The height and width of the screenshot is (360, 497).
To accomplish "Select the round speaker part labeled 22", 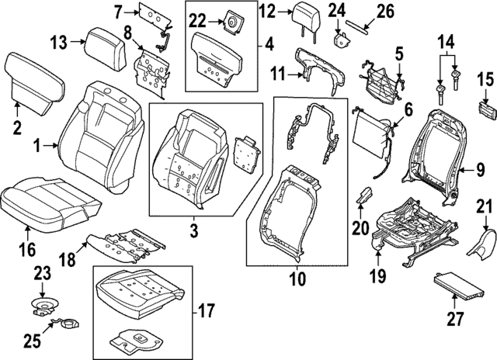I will coord(230,24).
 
